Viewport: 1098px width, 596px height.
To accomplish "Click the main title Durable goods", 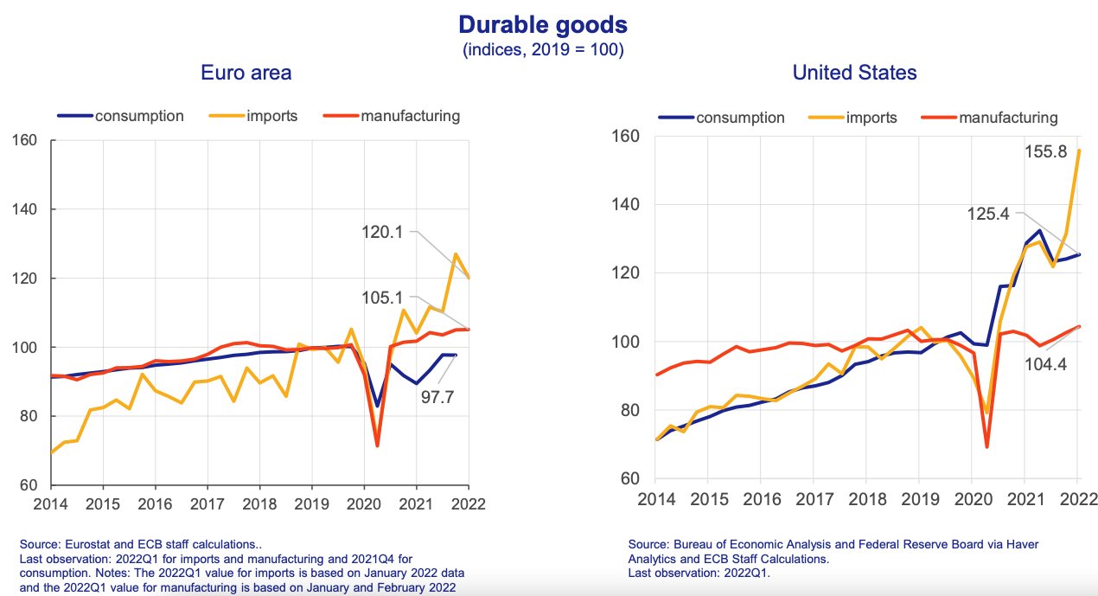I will (x=543, y=23).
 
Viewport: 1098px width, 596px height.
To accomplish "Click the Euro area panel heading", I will (x=246, y=73).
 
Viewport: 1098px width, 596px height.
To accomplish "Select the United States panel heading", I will (x=854, y=73).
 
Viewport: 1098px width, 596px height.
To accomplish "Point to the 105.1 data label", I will (x=385, y=298).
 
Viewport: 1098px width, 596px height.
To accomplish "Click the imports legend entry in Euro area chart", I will (x=267, y=115).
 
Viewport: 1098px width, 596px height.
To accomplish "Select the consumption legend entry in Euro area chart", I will (x=139, y=115).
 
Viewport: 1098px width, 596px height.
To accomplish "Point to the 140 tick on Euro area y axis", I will (x=24, y=209).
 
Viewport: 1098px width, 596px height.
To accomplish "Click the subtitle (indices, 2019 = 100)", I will (x=543, y=49).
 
